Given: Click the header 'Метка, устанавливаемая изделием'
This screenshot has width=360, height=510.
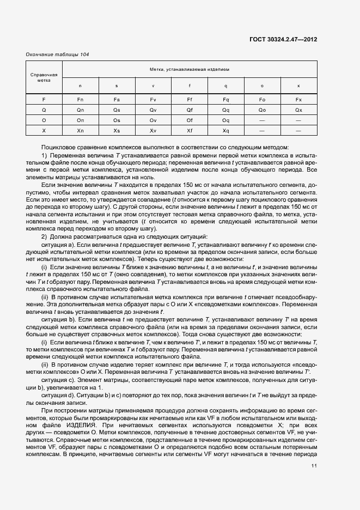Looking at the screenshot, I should coord(190,70).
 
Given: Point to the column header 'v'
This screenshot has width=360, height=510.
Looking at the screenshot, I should coord(153,87).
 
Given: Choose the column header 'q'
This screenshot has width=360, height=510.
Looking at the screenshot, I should coord(226,87).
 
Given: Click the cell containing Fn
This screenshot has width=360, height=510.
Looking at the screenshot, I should coord(80,99).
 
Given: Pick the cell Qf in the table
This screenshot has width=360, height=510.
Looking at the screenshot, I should coord(190,110).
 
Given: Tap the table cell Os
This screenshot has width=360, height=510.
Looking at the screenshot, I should coord(117,120).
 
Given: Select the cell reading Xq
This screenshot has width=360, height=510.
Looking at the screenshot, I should coord(226,130).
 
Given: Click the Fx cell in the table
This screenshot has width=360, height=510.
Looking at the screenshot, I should coord(298,99).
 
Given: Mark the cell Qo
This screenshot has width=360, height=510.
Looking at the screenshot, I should coord(262,110).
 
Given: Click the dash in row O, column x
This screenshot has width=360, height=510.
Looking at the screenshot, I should coord(298,120).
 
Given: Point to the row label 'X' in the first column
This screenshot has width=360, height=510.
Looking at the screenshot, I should coord(44,130).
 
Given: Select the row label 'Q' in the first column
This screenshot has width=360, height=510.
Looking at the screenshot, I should coord(44,110).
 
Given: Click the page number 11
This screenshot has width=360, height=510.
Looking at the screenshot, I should coord(314,465).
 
